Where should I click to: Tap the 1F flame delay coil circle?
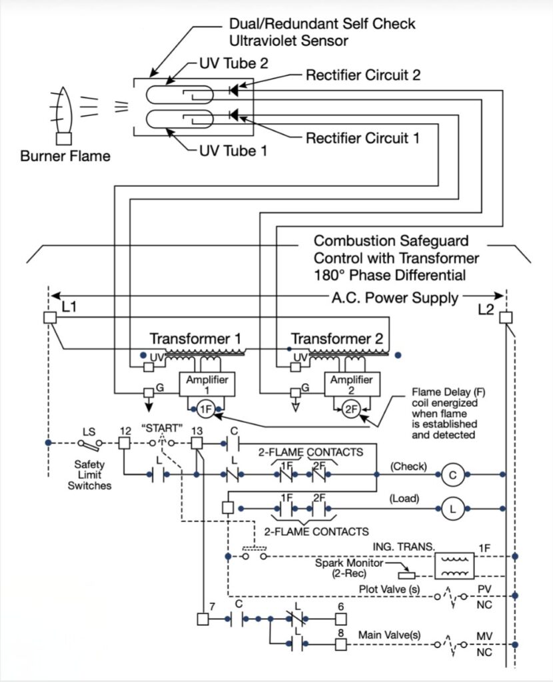point(206,409)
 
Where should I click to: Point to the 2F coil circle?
point(351,409)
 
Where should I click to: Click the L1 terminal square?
point(50,318)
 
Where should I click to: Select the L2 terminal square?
point(506,318)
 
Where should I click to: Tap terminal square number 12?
point(125,443)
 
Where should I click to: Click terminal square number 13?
point(197,443)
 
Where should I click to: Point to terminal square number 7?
point(203,619)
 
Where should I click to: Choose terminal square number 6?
point(340,619)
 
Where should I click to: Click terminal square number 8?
point(340,644)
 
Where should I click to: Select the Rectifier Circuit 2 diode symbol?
point(234,90)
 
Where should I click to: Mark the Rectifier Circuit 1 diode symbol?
point(234,115)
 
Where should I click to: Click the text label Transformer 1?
point(195,338)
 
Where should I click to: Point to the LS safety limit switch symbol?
point(90,444)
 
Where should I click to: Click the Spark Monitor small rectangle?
point(407,575)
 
